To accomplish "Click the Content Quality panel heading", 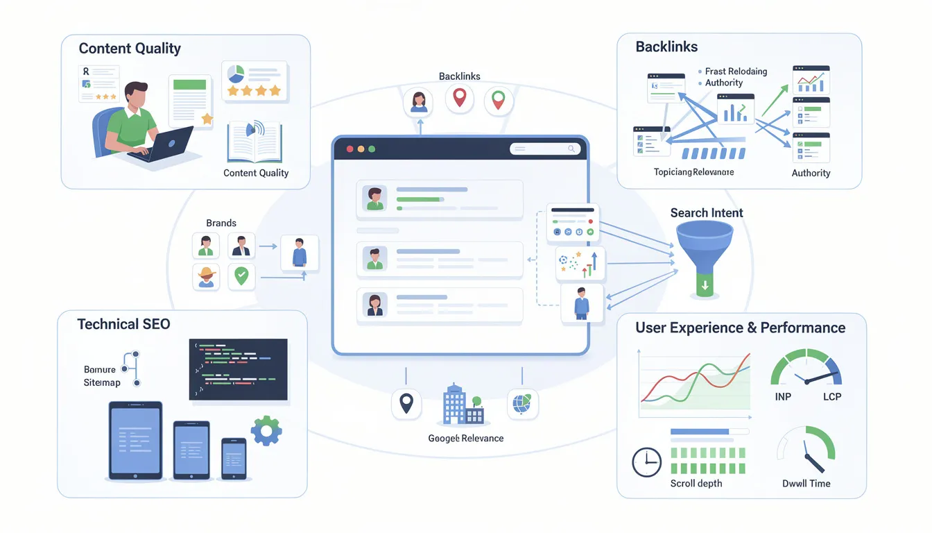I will [x=130, y=49].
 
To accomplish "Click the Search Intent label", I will [x=707, y=213].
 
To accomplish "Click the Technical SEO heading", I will [x=123, y=324].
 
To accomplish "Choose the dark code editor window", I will [x=238, y=369].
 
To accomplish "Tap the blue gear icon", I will [x=266, y=430].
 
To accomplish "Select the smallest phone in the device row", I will [x=234, y=458].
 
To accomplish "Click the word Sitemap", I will [x=102, y=383].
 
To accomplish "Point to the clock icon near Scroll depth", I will [x=646, y=462].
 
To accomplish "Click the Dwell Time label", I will [x=806, y=484].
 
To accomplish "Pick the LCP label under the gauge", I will [x=831, y=397].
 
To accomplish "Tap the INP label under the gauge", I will [x=782, y=397].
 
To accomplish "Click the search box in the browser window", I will [x=544, y=149].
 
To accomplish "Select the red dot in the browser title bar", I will [x=349, y=149].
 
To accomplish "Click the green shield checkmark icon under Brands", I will [x=241, y=276].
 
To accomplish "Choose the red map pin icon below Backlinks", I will [x=459, y=99].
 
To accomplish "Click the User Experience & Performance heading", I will [x=740, y=328].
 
